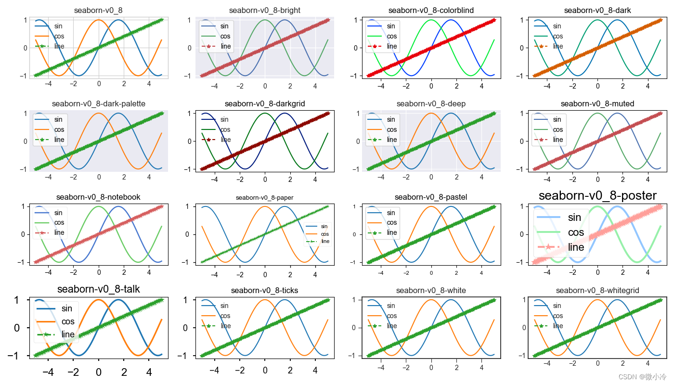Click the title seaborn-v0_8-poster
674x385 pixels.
[597, 196]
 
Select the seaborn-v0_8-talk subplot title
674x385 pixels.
[99, 289]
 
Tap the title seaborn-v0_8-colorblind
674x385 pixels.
[431, 11]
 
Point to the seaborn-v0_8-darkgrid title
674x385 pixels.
[265, 104]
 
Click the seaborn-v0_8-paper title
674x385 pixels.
[265, 198]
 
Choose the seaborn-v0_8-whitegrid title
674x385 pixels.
[597, 291]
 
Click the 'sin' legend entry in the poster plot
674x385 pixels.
[574, 218]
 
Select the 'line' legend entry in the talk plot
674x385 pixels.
[68, 334]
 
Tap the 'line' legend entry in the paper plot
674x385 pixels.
[325, 241]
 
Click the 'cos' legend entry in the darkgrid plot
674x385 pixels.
[225, 129]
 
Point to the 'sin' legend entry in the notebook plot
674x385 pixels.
[59, 213]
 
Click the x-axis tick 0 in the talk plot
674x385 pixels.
[99, 372]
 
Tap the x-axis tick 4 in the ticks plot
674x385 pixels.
[315, 370]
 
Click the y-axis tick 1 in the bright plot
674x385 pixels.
[190, 20]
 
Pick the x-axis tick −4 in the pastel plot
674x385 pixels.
[381, 273]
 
